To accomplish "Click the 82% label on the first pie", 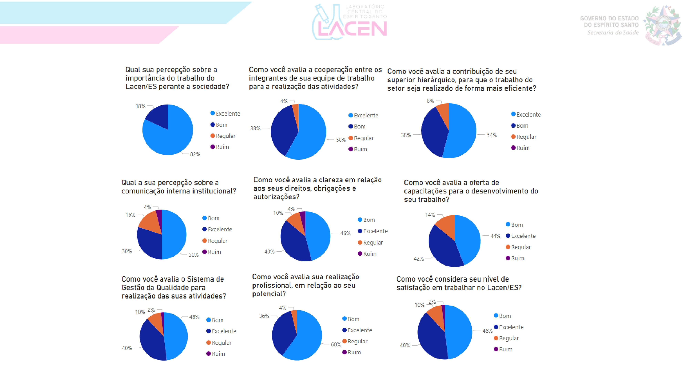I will (x=195, y=154).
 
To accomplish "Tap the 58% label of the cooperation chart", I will (x=341, y=140).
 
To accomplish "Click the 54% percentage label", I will (x=492, y=135).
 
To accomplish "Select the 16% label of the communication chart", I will (x=131, y=215).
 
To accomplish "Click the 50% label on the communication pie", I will (x=193, y=255).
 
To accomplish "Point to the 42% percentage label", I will (x=419, y=259).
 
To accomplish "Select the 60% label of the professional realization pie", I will (x=336, y=345).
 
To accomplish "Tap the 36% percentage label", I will (x=264, y=316).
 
